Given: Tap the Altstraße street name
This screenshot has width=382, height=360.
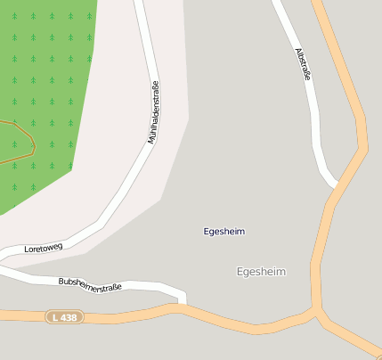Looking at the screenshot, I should pos(303,65).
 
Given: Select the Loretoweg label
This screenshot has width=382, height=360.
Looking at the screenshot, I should pos(44,247).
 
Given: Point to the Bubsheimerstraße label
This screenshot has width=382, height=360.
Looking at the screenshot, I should pos(89,285).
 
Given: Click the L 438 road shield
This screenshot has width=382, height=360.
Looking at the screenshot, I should pos(64,316).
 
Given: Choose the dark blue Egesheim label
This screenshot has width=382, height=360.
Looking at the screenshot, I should pos(224,232).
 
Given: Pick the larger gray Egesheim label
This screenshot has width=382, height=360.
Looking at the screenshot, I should pos(261,271).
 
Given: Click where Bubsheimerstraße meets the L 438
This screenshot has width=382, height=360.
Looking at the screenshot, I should pos(183,306).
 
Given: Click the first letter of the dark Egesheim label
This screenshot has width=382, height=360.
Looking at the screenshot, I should pos(207,232).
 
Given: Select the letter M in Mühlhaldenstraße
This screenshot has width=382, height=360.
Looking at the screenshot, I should pos(150,140).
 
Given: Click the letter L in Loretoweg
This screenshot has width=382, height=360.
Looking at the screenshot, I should pos(27,250).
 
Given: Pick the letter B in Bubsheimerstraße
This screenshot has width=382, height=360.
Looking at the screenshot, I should pos(61,282).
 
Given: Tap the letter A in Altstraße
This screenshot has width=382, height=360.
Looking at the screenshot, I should pos(297,51).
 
